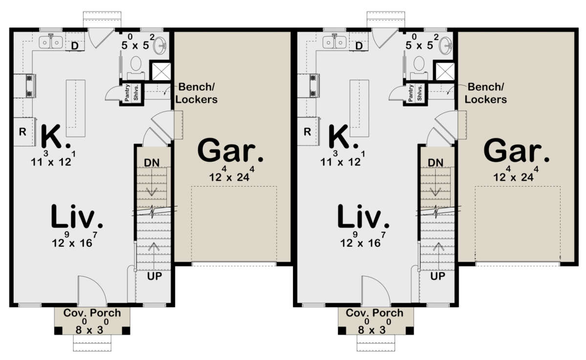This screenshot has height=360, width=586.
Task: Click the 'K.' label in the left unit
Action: click(x=56, y=137)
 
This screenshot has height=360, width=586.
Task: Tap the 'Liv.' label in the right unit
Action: click(x=363, y=216)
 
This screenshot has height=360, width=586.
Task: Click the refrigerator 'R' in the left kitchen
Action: click(x=23, y=131)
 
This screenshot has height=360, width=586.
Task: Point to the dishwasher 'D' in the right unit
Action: click(x=359, y=46)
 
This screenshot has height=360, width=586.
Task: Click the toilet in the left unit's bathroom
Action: click(x=136, y=66)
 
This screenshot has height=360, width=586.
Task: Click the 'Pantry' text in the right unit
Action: click(x=411, y=93)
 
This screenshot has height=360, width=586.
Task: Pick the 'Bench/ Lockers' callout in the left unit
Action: click(x=196, y=93)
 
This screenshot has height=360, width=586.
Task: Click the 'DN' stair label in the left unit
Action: click(x=152, y=163)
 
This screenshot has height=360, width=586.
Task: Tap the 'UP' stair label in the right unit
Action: click(x=438, y=276)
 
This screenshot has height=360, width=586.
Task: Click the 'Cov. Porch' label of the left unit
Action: click(x=92, y=313)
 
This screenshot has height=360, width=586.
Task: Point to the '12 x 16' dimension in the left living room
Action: click(x=75, y=240)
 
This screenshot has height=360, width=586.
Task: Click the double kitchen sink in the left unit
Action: click(x=51, y=42)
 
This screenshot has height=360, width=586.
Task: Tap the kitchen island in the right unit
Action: click(x=359, y=108)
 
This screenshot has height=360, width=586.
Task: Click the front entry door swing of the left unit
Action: click(x=92, y=290)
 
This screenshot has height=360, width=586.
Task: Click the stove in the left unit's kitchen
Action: click(x=30, y=86)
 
